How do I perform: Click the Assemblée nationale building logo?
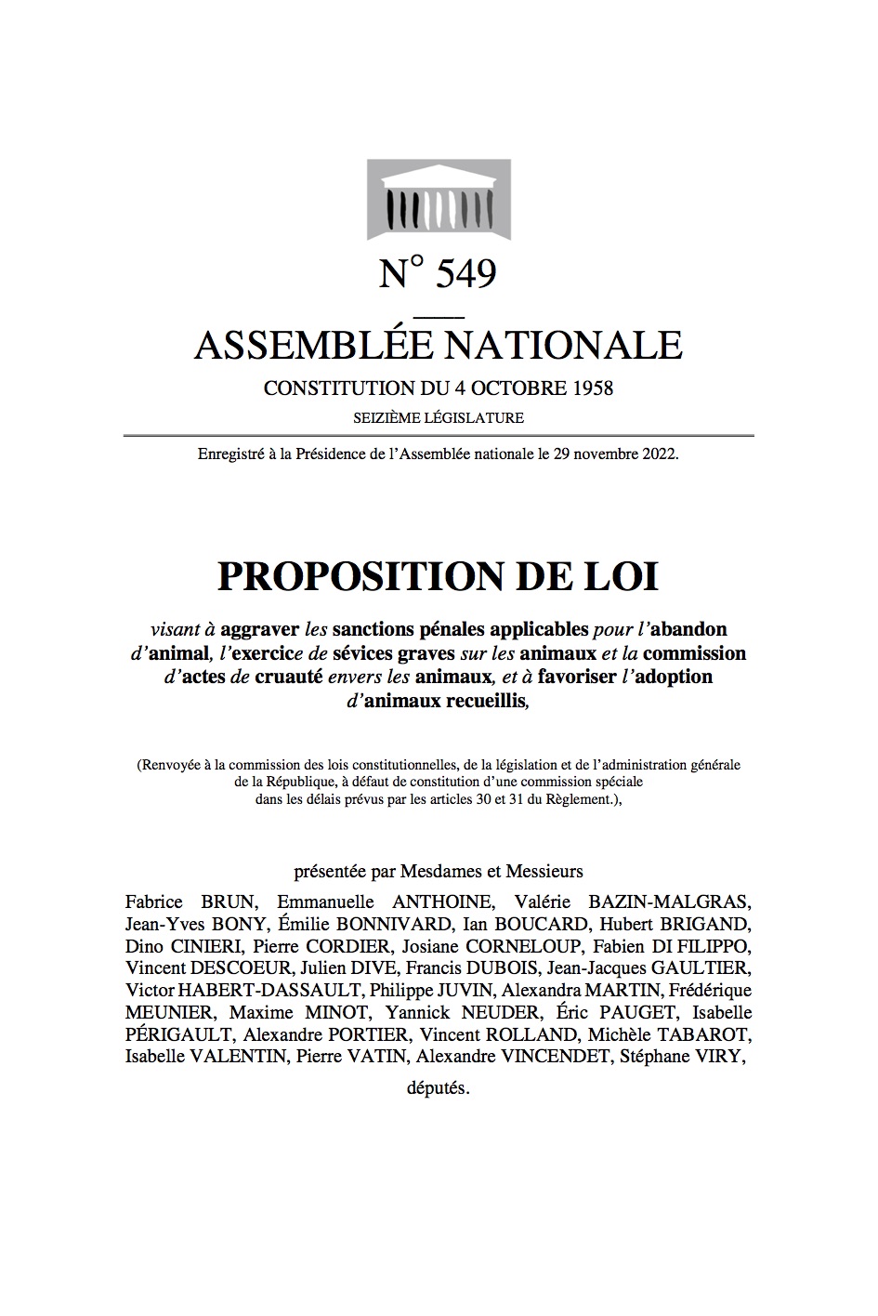439,199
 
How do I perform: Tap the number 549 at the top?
465,273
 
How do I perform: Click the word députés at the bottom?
439,1088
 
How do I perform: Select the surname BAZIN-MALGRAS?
668,901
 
